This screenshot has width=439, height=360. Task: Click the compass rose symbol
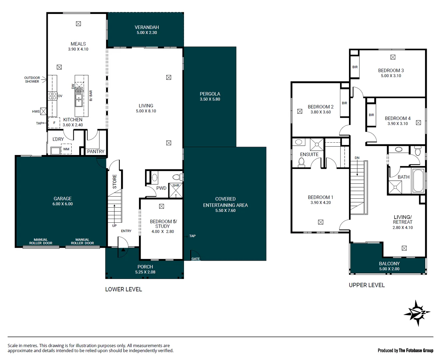point(417,313)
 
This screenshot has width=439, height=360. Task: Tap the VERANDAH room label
point(147,27)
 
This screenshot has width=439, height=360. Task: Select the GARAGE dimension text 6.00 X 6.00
point(62,204)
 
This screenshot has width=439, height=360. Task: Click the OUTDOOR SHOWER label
point(32,80)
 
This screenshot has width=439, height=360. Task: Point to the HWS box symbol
point(43,112)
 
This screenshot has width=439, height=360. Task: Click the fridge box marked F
point(54,123)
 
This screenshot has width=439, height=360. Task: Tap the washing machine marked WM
point(66,149)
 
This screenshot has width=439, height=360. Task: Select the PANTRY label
point(96,151)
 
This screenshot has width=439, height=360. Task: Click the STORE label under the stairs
point(115,182)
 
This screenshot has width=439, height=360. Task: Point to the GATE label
point(196,259)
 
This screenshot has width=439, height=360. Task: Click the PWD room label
point(161,188)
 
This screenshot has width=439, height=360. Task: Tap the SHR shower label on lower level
point(176,186)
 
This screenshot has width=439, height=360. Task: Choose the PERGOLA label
point(210,94)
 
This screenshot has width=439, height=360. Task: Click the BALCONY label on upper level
point(389,264)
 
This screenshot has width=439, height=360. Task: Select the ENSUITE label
point(309,154)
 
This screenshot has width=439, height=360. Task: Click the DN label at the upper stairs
point(357,158)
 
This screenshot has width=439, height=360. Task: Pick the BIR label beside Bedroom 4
point(371,115)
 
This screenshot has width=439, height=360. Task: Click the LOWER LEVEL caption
point(124,289)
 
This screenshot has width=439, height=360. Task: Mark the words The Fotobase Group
point(416,350)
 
